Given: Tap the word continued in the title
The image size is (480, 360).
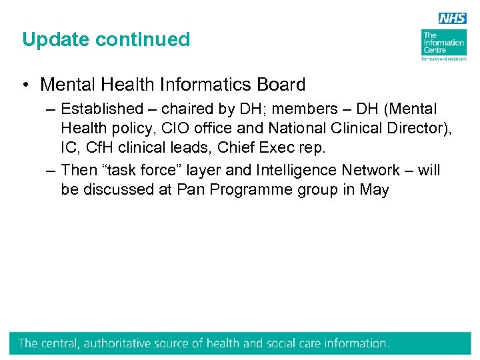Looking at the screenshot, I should tap(143, 39).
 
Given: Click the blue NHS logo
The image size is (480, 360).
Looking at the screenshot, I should tap(453, 19).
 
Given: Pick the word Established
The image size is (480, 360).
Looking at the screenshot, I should tap(102, 109).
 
